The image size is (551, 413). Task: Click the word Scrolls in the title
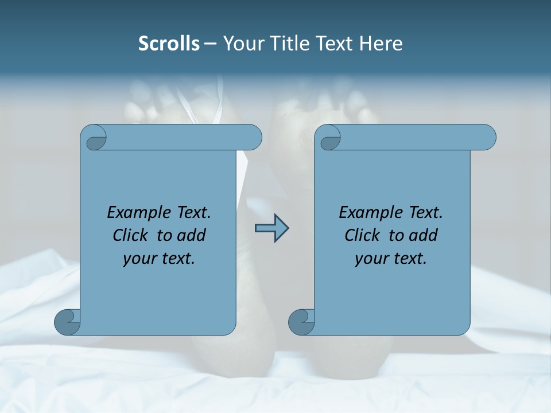(169, 44)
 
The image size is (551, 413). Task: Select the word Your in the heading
(243, 44)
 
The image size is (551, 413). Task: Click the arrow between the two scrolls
(271, 228)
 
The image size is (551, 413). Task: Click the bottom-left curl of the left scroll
(67, 322)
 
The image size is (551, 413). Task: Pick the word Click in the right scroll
(362, 236)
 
